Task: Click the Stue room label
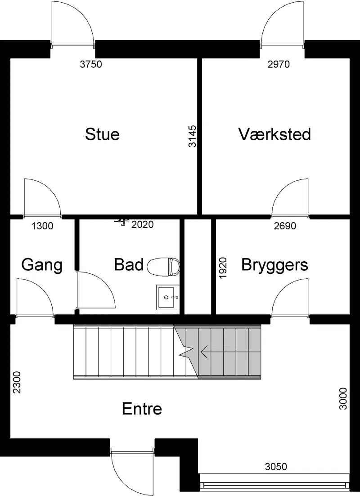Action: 102,134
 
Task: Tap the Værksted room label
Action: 274,134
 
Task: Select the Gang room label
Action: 42,265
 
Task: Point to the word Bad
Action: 129,265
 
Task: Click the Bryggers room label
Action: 274,265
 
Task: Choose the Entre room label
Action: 142,409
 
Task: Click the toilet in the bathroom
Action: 163,267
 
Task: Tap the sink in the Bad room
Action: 167,297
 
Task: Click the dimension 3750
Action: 91,64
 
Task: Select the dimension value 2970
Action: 279,64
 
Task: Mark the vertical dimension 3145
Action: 192,136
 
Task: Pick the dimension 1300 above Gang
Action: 42,226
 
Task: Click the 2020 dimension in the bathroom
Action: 143,224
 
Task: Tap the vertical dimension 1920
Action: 223,268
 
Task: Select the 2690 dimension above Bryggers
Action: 285,226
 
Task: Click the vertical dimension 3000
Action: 343,399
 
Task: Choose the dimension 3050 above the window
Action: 276,466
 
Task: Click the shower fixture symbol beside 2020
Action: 122,222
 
